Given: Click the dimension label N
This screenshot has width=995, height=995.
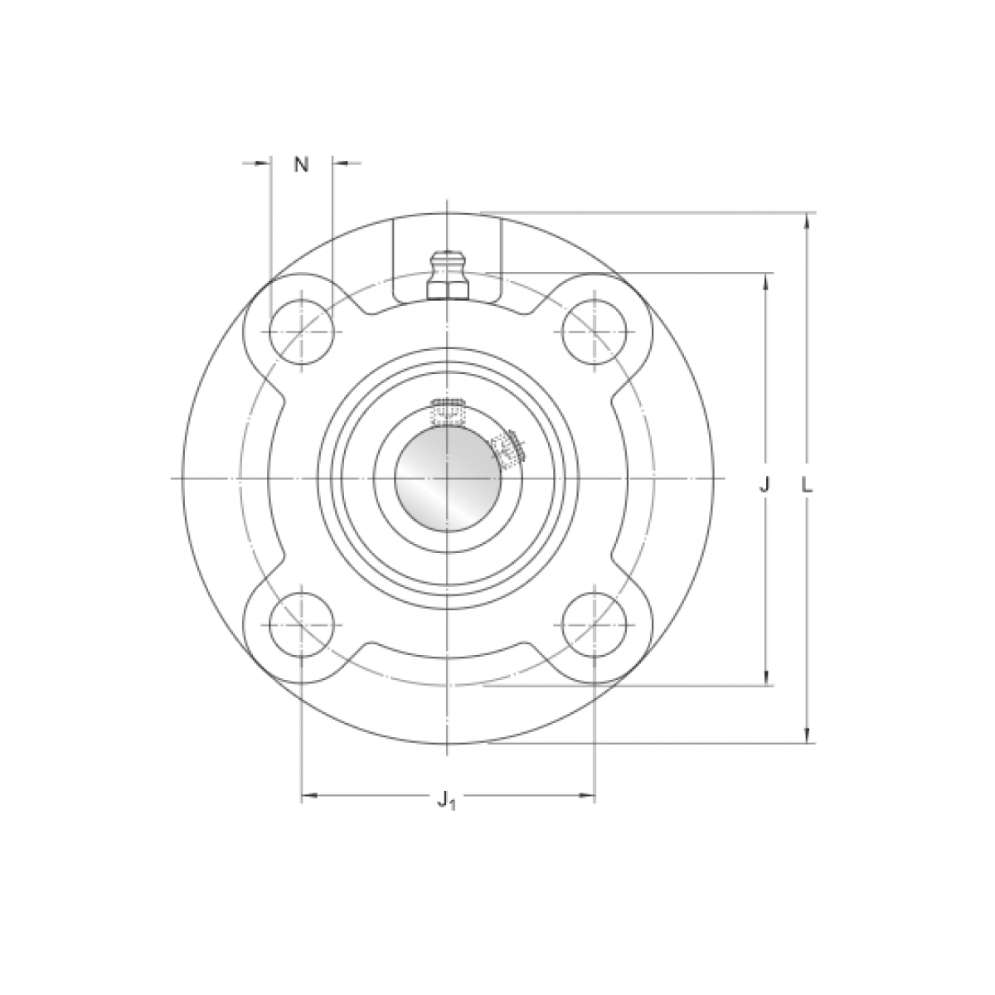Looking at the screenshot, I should point(301,164).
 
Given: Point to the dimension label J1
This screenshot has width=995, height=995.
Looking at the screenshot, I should point(446,800).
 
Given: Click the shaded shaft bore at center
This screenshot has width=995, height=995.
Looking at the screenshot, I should point(447,478).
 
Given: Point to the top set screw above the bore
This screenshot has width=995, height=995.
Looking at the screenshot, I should point(448,411).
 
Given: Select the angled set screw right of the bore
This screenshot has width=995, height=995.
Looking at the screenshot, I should point(506,447).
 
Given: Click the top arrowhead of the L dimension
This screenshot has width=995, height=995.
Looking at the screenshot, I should point(806,221).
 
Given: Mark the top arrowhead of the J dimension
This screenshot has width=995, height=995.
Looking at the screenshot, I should point(764,280).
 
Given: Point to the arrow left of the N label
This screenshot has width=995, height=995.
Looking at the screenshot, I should point(263,163).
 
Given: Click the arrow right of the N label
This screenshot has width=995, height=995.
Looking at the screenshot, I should point(340,163).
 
